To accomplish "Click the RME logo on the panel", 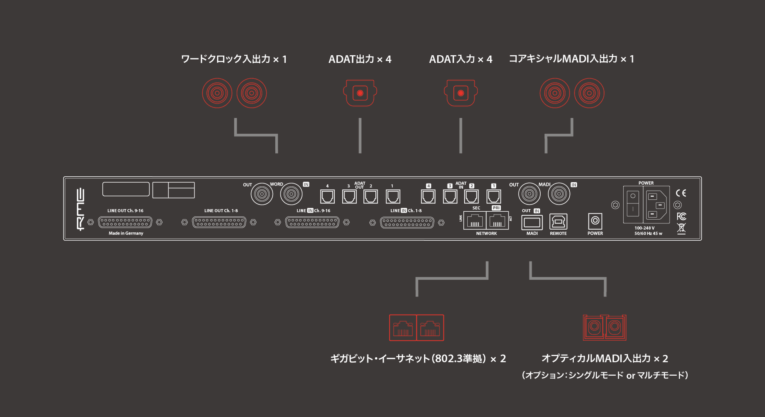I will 80,209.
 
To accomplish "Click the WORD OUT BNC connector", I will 262,194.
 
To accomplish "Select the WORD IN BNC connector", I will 291,194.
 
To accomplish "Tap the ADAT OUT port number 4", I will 328,197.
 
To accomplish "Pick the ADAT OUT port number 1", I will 392,197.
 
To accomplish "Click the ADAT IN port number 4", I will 428,197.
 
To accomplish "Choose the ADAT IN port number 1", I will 494,197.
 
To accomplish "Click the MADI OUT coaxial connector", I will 529,194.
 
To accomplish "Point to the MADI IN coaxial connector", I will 559,194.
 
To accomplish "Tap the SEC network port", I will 475,221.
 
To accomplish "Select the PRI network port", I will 497,221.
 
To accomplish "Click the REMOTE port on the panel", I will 558,222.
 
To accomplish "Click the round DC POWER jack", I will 595,220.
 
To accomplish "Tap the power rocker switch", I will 633,203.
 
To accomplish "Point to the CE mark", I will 681,193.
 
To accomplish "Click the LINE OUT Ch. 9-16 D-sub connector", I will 125,222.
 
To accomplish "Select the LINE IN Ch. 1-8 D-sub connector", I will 407,222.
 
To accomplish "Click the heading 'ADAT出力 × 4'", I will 360,59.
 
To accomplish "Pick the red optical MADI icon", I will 604,327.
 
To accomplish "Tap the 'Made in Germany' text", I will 126,233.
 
